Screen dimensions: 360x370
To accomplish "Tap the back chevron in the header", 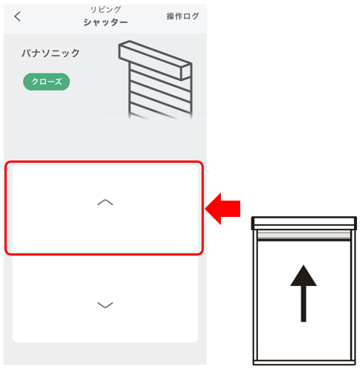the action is pos(17,16).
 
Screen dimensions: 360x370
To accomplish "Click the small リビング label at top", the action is pos(106,10).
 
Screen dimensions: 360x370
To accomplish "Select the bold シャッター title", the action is pos(106,22).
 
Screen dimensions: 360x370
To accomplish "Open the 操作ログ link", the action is pos(183,16).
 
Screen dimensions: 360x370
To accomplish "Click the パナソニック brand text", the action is pos(51,53).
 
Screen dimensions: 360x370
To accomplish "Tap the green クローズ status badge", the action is pos(46,82).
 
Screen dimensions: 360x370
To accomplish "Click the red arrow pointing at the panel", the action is pos(222,209).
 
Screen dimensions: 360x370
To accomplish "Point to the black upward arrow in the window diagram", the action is pos(303,293).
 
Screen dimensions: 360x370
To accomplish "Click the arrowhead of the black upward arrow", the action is pos(303,276).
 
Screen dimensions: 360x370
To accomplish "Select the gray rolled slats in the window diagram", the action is pos(304,235).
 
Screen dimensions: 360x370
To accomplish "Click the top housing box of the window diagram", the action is pos(304,223).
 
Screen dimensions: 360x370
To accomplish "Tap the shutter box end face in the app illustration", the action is pos(186,72).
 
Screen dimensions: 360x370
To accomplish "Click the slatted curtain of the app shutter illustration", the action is pos(160,94).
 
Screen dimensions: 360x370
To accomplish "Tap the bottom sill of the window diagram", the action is pos(304,363).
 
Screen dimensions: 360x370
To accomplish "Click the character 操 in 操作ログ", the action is pos(170,16).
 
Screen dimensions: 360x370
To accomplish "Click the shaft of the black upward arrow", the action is pos(303,304).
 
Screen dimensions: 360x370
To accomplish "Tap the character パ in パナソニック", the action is pos(27,53).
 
